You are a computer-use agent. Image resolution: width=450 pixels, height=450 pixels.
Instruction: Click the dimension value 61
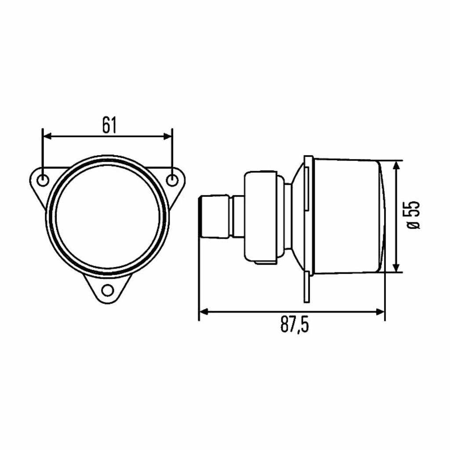pos(109,125)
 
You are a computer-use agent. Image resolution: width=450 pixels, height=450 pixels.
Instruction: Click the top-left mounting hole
pos(43,181)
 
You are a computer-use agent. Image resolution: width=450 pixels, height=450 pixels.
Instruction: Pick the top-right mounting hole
pos(172,181)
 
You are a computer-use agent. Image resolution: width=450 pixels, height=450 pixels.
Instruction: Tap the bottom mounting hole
pos(108,290)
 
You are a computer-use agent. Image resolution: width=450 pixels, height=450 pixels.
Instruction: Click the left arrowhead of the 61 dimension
pos(47,136)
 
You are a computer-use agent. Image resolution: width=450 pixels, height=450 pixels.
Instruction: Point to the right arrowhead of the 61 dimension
pos(167,136)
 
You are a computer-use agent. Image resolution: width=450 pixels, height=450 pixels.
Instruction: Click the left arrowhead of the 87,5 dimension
pos(203,312)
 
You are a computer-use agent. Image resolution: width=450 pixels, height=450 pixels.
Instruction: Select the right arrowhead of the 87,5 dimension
pos(380,312)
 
